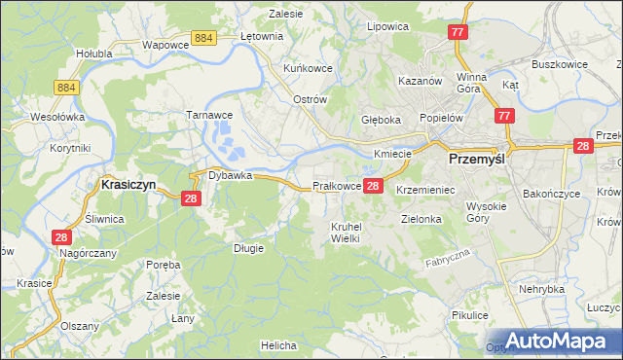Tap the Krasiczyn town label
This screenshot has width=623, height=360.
(129, 183)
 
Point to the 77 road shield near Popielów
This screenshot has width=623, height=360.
(502, 116)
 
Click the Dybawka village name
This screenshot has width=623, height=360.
(230, 176)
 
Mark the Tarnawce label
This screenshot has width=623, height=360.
(207, 114)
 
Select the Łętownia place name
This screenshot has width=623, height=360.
(261, 36)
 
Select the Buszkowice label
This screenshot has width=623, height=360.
(557, 64)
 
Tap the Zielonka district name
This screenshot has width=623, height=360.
(421, 220)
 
